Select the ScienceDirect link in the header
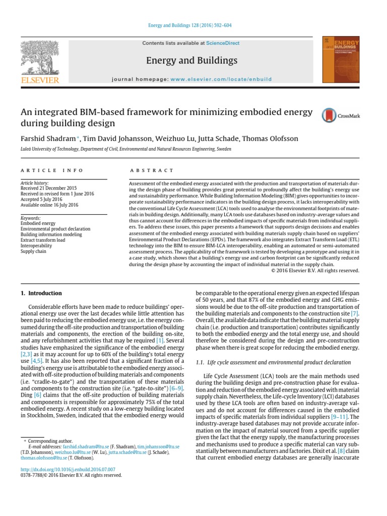coord(223,44)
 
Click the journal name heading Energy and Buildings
coord(191,61)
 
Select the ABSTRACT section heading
coord(152,171)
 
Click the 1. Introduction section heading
coord(41,293)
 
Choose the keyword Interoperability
coord(37,245)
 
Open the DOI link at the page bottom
coord(68,469)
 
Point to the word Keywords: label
coord(30,218)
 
